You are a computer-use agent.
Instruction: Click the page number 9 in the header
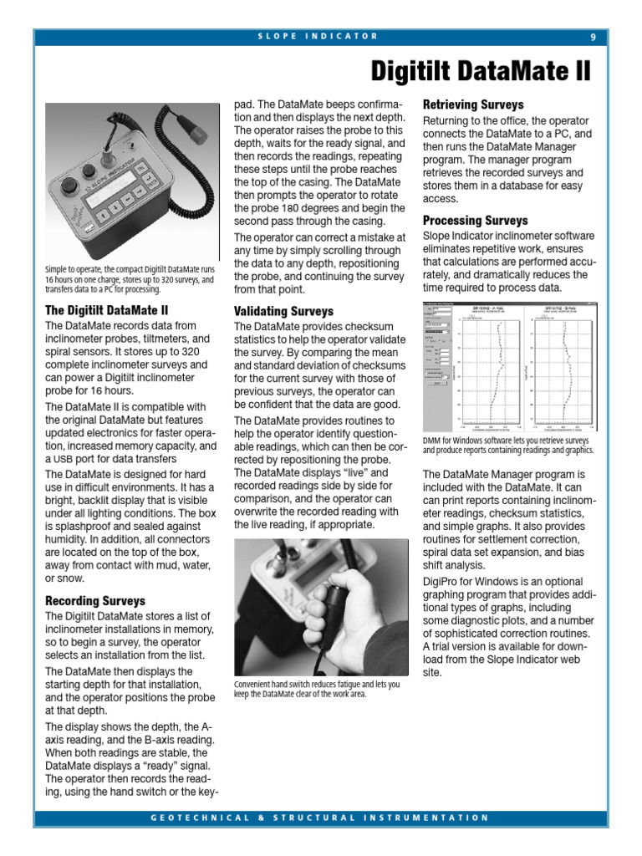coord(593,37)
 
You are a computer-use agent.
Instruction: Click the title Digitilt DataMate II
coord(481,71)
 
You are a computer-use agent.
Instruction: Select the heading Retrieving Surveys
coord(473,105)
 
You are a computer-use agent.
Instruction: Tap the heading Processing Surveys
coord(475,221)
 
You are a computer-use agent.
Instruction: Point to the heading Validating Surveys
coord(283,311)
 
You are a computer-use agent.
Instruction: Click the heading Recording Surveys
coord(94,601)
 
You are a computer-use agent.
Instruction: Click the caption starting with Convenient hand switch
coord(317,689)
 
